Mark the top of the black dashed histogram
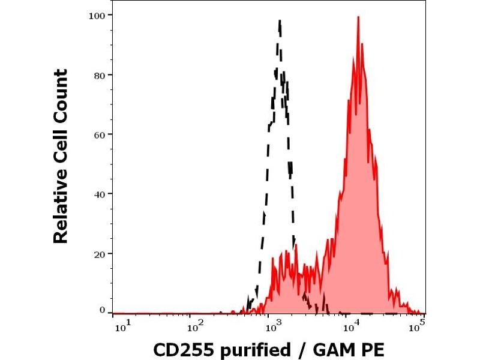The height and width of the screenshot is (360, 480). tap(280, 21)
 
